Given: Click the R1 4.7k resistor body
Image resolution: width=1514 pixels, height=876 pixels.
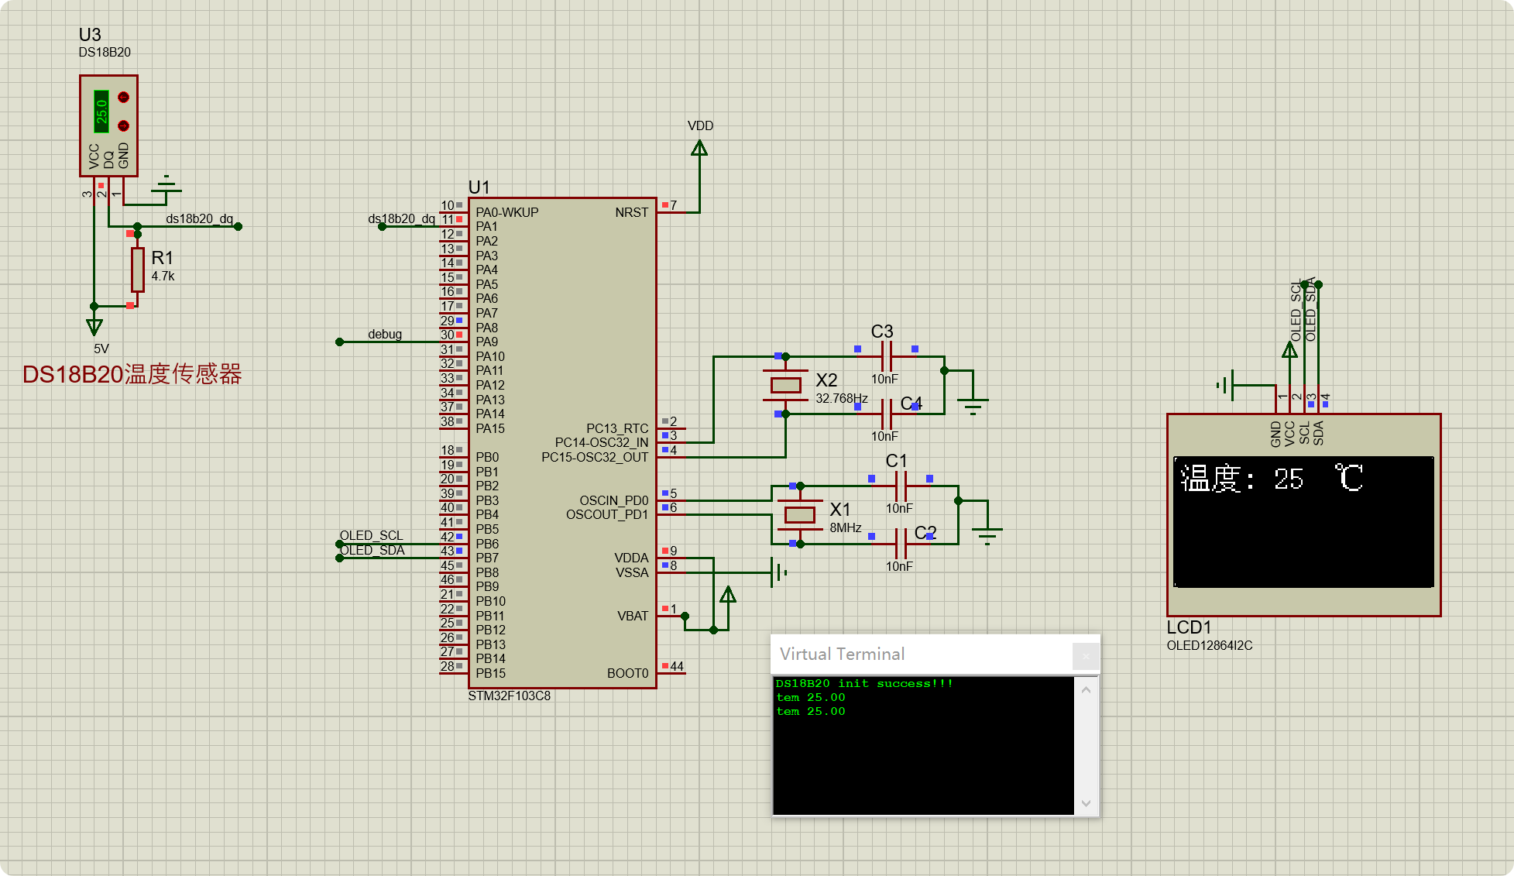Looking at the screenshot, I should (137, 269).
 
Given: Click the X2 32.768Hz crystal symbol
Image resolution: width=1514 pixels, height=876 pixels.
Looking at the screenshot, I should (785, 385).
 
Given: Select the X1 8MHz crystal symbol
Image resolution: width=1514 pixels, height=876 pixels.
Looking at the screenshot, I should (799, 514).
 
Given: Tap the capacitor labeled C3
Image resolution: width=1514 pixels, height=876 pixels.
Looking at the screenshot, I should (887, 356).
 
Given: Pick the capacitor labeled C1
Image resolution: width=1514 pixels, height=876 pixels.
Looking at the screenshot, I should (901, 486).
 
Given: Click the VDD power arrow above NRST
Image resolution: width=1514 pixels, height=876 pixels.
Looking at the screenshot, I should (699, 147).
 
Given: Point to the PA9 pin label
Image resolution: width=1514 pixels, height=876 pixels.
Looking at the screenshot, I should (487, 342).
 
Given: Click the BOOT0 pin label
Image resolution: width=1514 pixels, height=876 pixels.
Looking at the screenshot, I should (627, 673).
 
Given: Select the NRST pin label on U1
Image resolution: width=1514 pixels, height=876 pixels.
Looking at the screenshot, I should (631, 212).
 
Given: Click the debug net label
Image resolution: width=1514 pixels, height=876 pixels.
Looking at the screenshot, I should (385, 334).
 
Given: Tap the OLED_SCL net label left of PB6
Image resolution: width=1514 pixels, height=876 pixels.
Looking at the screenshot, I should (371, 535).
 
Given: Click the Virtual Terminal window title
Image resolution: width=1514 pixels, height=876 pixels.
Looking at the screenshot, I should (842, 654).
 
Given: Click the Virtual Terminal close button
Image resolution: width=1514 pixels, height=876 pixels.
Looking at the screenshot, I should (1085, 656).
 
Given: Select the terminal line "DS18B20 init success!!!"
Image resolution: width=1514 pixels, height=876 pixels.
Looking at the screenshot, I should (863, 683).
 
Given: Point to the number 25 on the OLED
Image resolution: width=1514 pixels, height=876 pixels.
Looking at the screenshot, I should (1289, 479).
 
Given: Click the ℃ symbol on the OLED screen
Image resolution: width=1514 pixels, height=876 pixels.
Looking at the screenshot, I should (1348, 477).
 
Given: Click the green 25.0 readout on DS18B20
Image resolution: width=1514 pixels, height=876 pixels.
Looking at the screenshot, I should (101, 111).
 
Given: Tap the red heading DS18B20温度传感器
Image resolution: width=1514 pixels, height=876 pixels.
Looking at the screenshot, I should (132, 374).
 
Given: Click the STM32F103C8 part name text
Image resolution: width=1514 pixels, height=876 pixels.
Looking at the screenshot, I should (509, 696).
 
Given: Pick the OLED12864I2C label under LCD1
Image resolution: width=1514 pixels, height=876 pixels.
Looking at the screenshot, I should (1209, 645).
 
